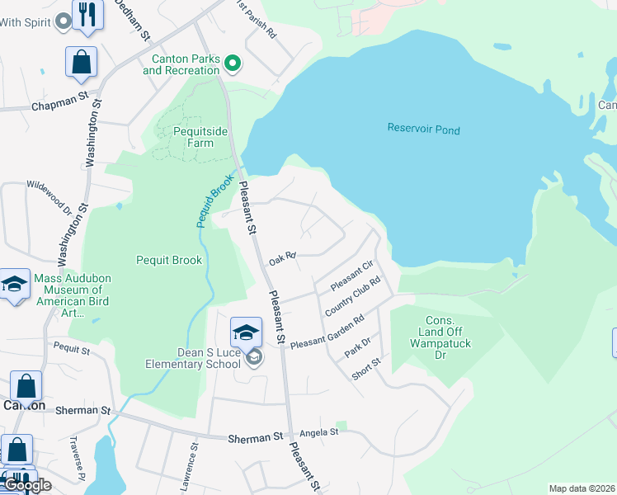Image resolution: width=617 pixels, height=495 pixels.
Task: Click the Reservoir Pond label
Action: (424, 130)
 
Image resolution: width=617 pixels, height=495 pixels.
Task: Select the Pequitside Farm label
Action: (194, 137)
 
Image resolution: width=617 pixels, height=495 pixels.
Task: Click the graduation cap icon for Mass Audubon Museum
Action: (15, 285)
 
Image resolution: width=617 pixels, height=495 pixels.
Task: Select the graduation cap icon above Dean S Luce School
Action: (246, 332)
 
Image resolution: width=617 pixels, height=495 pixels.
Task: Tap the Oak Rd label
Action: (282, 258)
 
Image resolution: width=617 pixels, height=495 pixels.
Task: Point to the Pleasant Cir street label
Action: (352, 275)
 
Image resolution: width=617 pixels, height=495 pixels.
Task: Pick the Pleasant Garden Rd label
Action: (327, 332)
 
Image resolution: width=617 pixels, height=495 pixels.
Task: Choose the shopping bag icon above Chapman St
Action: (82, 62)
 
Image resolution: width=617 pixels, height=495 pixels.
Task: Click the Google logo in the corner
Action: (26, 485)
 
